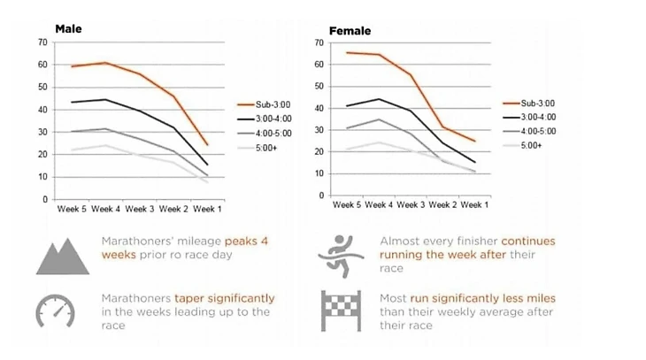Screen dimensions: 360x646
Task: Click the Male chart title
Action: [x=69, y=29]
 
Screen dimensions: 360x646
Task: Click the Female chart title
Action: [x=350, y=31]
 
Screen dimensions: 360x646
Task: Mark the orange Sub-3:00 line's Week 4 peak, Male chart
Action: [x=104, y=63]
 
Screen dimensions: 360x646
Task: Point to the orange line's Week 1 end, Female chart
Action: [x=474, y=142]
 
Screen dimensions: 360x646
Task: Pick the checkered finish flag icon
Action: [x=339, y=309]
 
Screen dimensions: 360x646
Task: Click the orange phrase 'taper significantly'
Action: [x=225, y=298]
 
